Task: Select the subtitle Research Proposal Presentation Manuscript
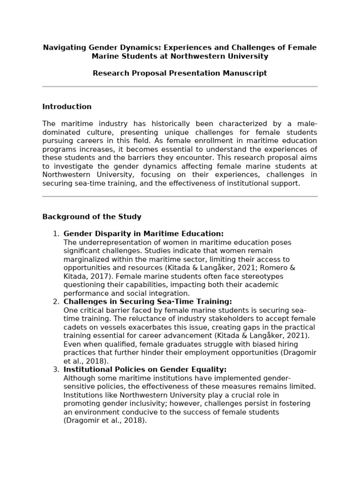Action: [180, 73]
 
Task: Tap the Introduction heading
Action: [67, 107]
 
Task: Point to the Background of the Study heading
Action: [91, 217]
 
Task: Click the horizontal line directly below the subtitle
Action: [180, 87]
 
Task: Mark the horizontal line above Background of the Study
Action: [180, 197]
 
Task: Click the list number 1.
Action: [55, 234]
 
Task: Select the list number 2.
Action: [55, 302]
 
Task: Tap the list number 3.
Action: [55, 370]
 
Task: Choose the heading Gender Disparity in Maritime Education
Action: [143, 234]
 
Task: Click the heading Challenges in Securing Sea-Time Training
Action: [148, 302]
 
